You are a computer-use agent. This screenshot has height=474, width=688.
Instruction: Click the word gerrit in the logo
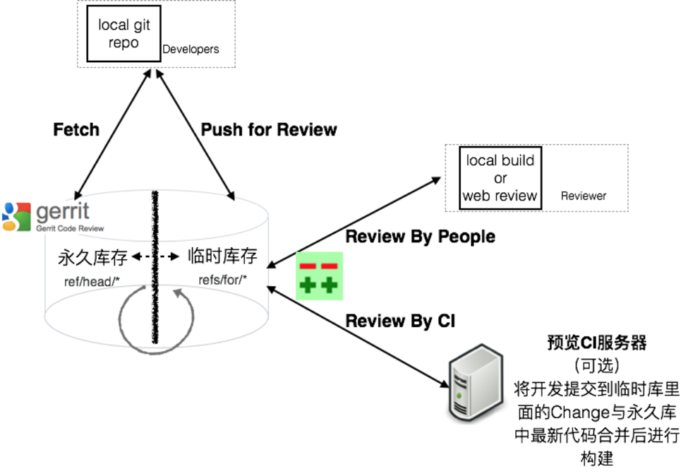point(63,212)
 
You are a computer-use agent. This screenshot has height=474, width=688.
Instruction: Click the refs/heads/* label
point(92,282)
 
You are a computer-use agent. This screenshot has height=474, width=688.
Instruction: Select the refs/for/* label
point(223,280)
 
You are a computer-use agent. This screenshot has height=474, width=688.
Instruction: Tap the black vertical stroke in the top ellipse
point(155,215)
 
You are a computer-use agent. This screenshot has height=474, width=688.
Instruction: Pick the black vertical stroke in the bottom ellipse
point(155,314)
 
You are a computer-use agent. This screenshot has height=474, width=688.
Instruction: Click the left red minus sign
point(308,266)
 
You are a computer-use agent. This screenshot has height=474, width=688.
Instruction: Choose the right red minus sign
point(330,266)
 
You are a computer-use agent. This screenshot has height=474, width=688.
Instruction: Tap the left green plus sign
point(308,285)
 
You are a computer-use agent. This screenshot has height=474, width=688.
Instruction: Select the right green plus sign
point(330,285)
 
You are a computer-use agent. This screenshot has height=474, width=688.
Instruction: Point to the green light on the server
point(459,393)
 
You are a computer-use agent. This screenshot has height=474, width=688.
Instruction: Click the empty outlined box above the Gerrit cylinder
point(156,34)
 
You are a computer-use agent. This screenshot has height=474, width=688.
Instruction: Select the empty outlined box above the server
point(536,177)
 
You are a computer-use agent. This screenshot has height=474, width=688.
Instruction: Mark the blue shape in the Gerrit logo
point(9,210)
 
